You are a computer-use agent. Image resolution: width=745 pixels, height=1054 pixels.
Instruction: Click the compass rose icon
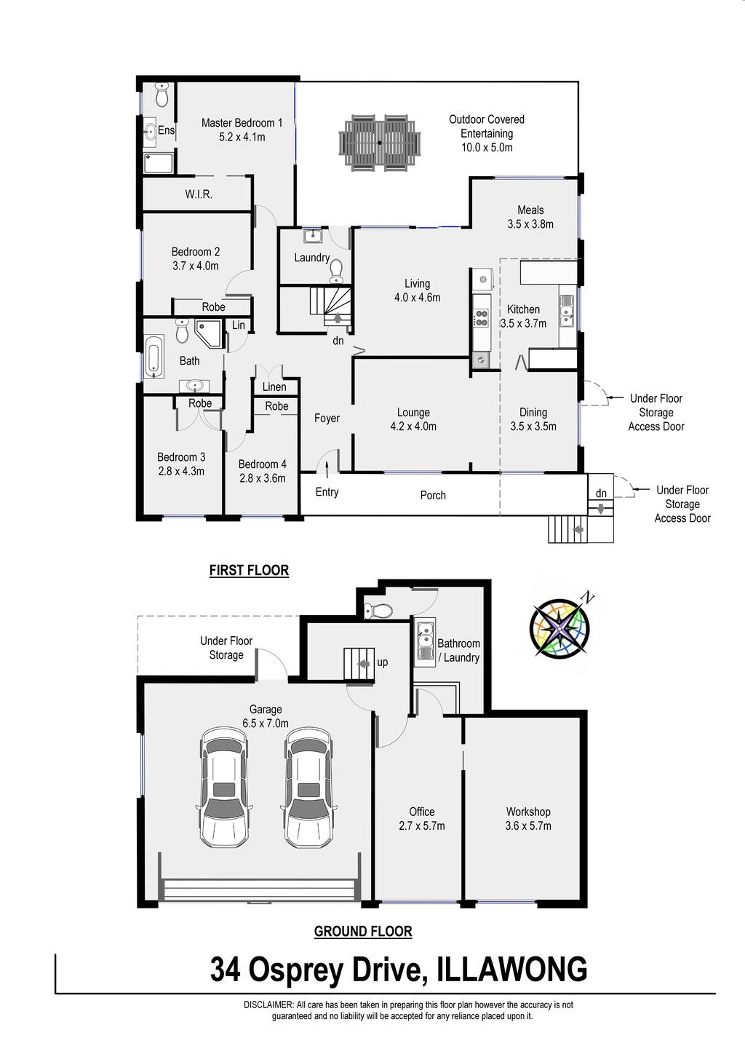pos(559,628)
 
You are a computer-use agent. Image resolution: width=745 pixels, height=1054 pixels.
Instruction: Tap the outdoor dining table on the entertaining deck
pos(380,143)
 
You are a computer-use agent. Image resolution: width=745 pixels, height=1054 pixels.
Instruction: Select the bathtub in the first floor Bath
pos(154,356)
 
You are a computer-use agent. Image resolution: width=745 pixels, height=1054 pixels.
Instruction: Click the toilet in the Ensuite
pos(162,95)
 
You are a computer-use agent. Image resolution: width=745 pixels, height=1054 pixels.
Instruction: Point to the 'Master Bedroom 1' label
pos(242,123)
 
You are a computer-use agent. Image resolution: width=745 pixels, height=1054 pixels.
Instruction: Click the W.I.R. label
pos(199,194)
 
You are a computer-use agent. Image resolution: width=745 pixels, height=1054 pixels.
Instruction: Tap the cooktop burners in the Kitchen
pos(481,317)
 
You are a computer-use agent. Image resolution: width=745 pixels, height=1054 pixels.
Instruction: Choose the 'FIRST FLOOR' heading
pos(249,570)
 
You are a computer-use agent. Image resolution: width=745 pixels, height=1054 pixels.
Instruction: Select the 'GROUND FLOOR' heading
pos(363,931)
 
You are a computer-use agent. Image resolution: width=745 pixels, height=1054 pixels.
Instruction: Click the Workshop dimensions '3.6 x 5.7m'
pos(528,825)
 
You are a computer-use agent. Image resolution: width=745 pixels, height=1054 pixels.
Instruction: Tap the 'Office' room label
pos(422,812)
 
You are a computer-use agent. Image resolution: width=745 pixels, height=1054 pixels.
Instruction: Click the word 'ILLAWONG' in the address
pos(512,969)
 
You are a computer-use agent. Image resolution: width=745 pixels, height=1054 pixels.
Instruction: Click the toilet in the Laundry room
pos(336,272)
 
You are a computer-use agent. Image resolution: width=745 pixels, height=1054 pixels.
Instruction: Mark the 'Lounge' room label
pos(413,412)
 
